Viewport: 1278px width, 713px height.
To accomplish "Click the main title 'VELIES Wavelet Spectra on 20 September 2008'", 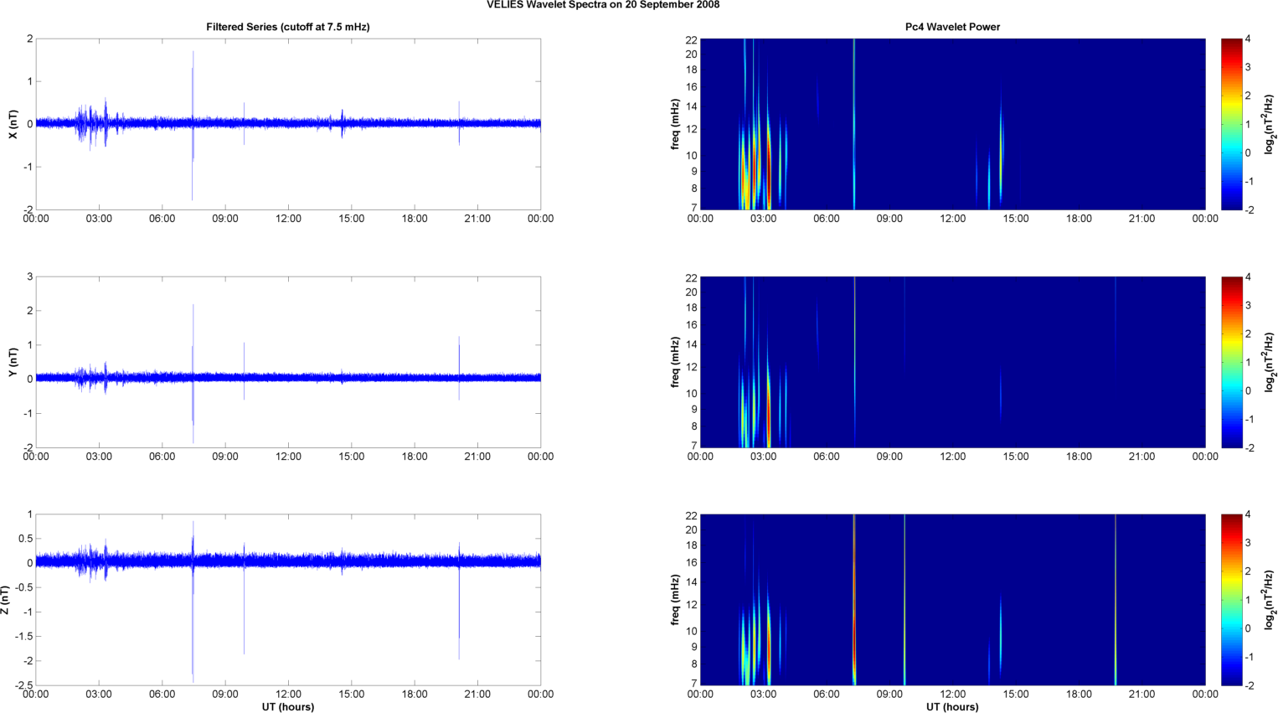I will pyautogui.click(x=602, y=5).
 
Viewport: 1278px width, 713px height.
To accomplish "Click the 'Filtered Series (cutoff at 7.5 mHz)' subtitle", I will pyautogui.click(x=288, y=27).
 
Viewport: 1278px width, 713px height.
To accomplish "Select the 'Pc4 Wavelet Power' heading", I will pyautogui.click(x=952, y=27).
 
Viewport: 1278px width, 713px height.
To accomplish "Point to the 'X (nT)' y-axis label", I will pyautogui.click(x=13, y=124).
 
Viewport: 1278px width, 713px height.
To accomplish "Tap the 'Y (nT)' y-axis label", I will pyautogui.click(x=13, y=362).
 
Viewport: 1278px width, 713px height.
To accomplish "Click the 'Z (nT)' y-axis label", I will pyautogui.click(x=6, y=600).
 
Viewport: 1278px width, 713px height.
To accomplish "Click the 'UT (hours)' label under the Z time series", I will pyautogui.click(x=288, y=707).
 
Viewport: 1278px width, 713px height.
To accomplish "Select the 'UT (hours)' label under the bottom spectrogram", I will pyautogui.click(x=952, y=707).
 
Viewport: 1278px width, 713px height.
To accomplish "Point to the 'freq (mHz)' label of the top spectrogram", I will pyautogui.click(x=675, y=124).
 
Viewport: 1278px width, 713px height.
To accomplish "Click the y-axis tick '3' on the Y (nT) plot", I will pyautogui.click(x=29, y=276).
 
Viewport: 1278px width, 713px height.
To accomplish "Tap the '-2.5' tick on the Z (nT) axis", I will pyautogui.click(x=23, y=685).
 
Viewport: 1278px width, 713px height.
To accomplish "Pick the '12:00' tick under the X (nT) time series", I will pyautogui.click(x=288, y=219).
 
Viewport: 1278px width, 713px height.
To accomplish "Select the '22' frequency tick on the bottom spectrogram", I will pyautogui.click(x=692, y=514).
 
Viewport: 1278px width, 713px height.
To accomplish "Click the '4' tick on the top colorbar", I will pyautogui.click(x=1248, y=39).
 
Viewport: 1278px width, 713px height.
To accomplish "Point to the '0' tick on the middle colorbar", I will pyautogui.click(x=1248, y=390).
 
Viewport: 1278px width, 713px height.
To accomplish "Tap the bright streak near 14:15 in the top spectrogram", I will pyautogui.click(x=1001, y=142).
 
